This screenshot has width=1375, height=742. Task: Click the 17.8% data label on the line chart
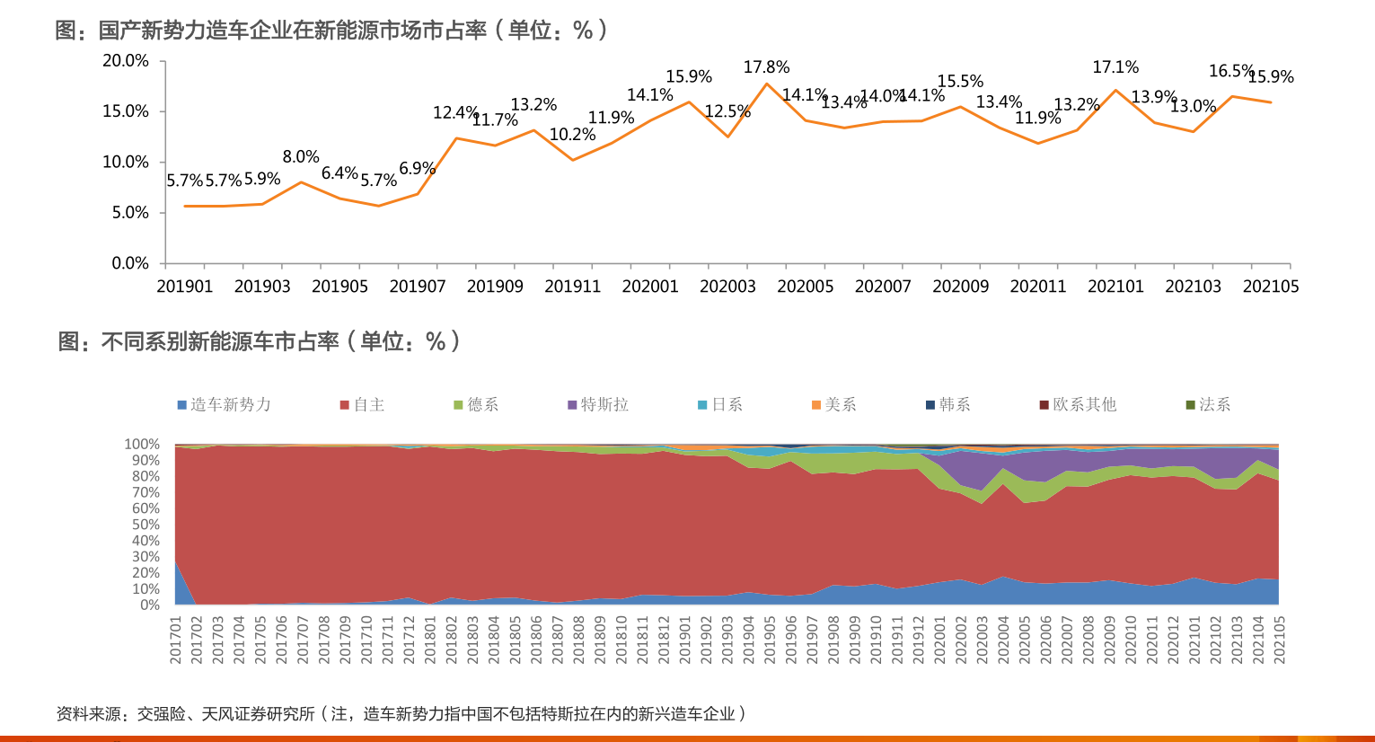pyautogui.click(x=766, y=67)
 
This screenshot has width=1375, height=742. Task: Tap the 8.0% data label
pyautogui.click(x=301, y=157)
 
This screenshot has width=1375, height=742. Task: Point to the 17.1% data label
pyautogui.click(x=1115, y=67)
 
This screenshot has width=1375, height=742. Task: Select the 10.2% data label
pyautogui.click(x=572, y=135)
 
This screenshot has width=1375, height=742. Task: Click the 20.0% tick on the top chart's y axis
pyautogui.click(x=126, y=61)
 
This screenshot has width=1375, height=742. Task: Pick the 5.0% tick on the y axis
pyautogui.click(x=130, y=213)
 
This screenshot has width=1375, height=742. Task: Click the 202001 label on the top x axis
pyautogui.click(x=650, y=287)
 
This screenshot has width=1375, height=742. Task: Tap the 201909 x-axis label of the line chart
pyautogui.click(x=495, y=287)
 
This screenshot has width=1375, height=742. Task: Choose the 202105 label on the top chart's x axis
pyautogui.click(x=1271, y=287)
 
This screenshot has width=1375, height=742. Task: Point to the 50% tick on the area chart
pyautogui.click(x=145, y=525)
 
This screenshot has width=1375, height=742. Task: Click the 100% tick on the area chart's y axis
pyautogui.click(x=141, y=445)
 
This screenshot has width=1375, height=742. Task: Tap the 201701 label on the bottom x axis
pyautogui.click(x=176, y=640)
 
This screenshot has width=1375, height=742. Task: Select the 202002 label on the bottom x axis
pyautogui.click(x=961, y=640)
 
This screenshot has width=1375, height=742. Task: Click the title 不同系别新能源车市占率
pyautogui.click(x=220, y=341)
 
